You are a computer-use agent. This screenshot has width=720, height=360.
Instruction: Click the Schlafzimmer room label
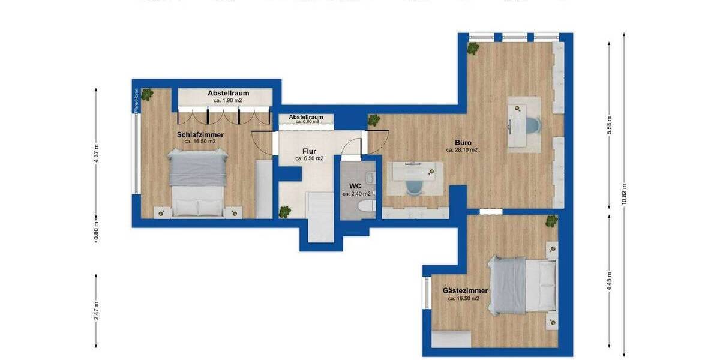(x=200, y=135)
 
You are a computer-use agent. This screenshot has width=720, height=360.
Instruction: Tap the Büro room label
(x=462, y=143)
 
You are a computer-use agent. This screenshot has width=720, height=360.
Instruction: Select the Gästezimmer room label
(x=465, y=290)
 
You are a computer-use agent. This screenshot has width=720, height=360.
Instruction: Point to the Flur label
(x=309, y=151)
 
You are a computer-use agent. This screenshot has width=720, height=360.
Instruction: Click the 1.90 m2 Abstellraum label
(x=228, y=94)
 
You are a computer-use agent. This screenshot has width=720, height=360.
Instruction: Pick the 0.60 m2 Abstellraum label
(x=306, y=117)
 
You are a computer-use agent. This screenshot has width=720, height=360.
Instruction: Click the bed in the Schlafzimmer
(x=197, y=182)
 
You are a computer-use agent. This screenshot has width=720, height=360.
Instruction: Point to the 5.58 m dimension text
(x=609, y=125)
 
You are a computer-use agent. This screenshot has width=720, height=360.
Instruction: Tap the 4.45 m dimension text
(x=609, y=281)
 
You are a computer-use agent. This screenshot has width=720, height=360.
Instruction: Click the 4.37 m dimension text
(x=97, y=153)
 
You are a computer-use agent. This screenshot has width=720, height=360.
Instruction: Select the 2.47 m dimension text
(x=97, y=312)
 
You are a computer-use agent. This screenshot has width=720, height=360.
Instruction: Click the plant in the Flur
(x=284, y=211)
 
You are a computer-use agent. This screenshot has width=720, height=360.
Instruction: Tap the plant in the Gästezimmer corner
(x=551, y=221)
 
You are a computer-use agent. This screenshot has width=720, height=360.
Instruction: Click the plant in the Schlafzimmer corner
(x=147, y=94)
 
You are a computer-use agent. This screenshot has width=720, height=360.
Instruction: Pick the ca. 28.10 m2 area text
(x=462, y=150)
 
